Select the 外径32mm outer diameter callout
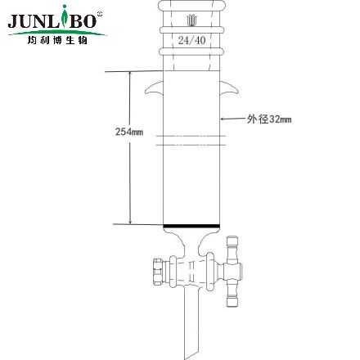tap(269, 119)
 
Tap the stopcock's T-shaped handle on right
tap(237, 267)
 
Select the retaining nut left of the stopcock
tap(157, 269)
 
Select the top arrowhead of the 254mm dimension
tap(128, 74)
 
